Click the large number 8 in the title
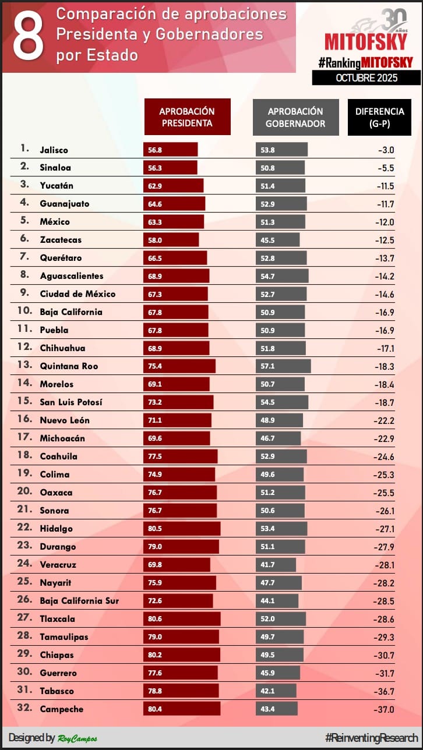pyautogui.click(x=28, y=36)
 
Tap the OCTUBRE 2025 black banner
pyautogui.click(x=366, y=77)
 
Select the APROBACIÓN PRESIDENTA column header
pyautogui.click(x=187, y=117)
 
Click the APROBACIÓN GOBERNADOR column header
pyautogui.click(x=295, y=117)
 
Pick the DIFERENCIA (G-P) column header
pyautogui.click(x=379, y=117)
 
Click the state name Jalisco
pyautogui.click(x=54, y=150)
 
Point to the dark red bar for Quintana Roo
pyautogui.click(x=179, y=366)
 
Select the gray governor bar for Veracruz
pyautogui.click(x=276, y=565)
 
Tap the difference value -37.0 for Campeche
pyautogui.click(x=384, y=709)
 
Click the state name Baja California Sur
pyautogui.click(x=79, y=601)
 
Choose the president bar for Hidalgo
pyautogui.click(x=182, y=529)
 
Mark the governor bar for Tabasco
pyautogui.click(x=276, y=691)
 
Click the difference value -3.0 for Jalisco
pyautogui.click(x=386, y=150)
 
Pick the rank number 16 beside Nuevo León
pyautogui.click(x=24, y=420)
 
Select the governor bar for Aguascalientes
pyautogui.click(x=282, y=276)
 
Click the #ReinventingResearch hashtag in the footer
pyautogui.click(x=371, y=737)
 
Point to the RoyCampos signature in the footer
pyautogui.click(x=77, y=738)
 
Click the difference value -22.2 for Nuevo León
pyautogui.click(x=384, y=420)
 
